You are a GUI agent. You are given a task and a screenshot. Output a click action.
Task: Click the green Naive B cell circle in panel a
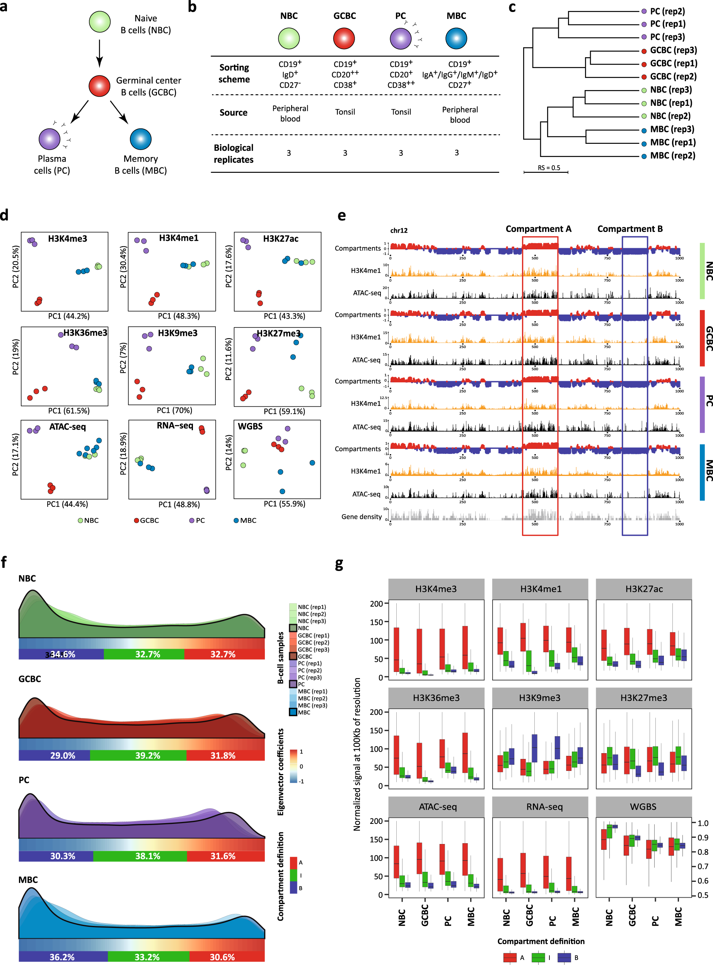[100, 22]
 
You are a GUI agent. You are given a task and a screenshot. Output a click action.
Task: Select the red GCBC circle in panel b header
[344, 38]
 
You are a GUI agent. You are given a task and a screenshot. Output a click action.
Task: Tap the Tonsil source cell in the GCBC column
[345, 112]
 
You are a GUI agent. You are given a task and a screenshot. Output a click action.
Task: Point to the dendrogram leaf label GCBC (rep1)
[673, 63]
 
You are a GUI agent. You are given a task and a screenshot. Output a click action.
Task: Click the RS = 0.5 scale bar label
[549, 168]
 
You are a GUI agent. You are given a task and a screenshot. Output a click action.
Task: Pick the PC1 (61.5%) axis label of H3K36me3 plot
[68, 411]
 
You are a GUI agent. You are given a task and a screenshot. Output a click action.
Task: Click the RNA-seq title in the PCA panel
[175, 426]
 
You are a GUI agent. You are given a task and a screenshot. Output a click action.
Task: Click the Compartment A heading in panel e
[538, 229]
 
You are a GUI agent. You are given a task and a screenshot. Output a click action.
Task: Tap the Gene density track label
[361, 517]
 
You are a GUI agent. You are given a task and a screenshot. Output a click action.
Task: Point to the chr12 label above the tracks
[398, 230]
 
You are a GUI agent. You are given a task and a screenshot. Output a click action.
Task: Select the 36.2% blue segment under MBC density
[62, 957]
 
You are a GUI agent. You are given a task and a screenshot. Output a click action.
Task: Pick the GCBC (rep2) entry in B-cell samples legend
[313, 642]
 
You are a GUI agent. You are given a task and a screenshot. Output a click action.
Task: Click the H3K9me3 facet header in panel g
[539, 698]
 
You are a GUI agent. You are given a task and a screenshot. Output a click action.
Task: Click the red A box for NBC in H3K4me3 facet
[396, 649]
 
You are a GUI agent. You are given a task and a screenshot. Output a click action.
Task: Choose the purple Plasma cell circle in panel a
[49, 139]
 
